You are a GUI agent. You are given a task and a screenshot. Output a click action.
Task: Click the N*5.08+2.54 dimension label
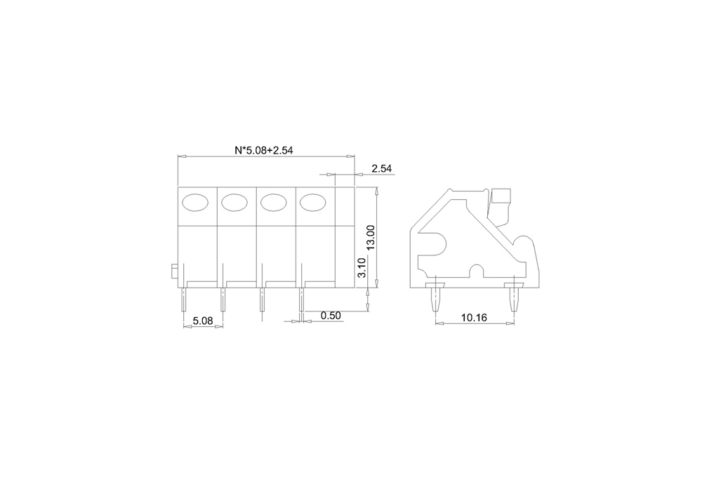[x=264, y=150]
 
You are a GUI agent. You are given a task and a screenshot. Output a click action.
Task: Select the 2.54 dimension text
[x=381, y=168]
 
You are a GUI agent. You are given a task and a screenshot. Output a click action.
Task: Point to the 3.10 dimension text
[x=362, y=267]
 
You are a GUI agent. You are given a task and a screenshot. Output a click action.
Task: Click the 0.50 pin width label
[x=331, y=316]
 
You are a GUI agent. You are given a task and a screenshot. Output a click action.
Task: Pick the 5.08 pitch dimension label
[x=203, y=321]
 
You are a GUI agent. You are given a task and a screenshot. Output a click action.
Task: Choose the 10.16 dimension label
[x=474, y=318]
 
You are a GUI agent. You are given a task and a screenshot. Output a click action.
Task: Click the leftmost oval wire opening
[x=195, y=203]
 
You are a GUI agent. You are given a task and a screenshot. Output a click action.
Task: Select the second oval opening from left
[x=234, y=203]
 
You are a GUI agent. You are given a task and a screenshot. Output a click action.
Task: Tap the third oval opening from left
[x=274, y=203]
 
